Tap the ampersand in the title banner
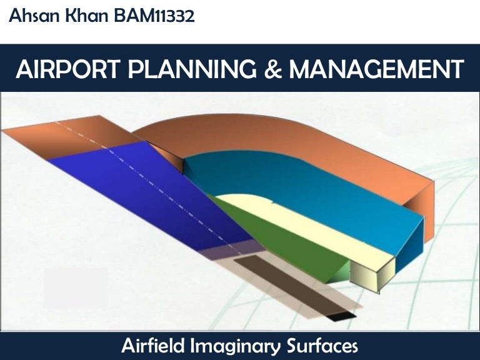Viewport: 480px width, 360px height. [x=273, y=69]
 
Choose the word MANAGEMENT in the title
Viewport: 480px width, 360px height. [x=376, y=69]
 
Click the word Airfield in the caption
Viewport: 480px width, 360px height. [x=159, y=345]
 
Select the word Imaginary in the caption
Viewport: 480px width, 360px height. [x=244, y=345]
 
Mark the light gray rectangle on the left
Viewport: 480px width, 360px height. [x=75, y=287]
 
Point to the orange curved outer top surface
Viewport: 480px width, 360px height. [x=300, y=137]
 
